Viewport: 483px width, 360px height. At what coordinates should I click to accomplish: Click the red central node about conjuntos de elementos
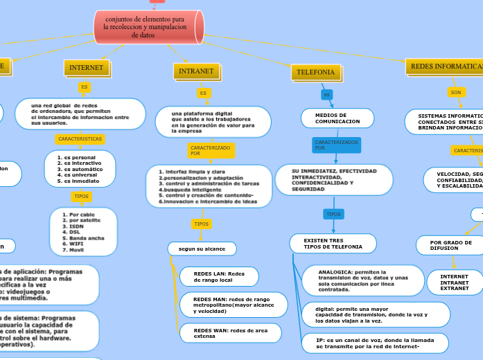tap(148, 26)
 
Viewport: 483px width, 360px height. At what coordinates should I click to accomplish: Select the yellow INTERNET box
tap(86, 68)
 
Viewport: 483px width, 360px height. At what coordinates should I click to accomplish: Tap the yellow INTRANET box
tap(196, 71)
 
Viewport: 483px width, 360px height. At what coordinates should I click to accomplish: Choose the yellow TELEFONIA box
tap(316, 72)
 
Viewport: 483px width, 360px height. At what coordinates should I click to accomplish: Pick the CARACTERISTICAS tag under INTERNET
tap(80, 138)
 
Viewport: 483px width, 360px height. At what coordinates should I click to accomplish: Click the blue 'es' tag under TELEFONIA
tap(326, 94)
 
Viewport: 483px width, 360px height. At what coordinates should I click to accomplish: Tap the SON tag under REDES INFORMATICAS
tap(456, 92)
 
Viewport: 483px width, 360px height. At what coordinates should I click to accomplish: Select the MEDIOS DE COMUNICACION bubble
tap(337, 118)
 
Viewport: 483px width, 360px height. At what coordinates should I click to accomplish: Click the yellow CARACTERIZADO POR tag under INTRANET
tap(210, 150)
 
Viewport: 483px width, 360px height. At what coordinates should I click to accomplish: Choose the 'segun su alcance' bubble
tap(202, 248)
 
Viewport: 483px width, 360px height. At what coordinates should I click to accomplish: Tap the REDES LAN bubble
tap(218, 277)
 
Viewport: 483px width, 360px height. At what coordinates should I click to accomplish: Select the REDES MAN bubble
tap(230, 305)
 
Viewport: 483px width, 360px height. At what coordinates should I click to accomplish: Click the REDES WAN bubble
tap(230, 333)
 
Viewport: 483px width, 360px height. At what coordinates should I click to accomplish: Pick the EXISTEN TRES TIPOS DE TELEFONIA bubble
tap(333, 244)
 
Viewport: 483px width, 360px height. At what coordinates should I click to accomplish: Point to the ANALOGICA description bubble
tap(362, 280)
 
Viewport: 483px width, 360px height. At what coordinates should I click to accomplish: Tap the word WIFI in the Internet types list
tap(69, 244)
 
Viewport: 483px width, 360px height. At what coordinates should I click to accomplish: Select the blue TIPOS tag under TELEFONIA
tap(333, 214)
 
